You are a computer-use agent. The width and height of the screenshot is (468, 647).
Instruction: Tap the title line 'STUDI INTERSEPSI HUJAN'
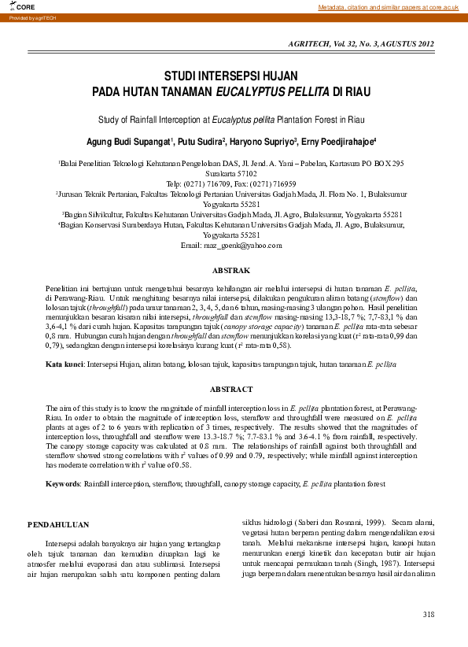[x=230, y=76]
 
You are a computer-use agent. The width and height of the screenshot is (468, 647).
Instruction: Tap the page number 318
[x=428, y=614]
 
